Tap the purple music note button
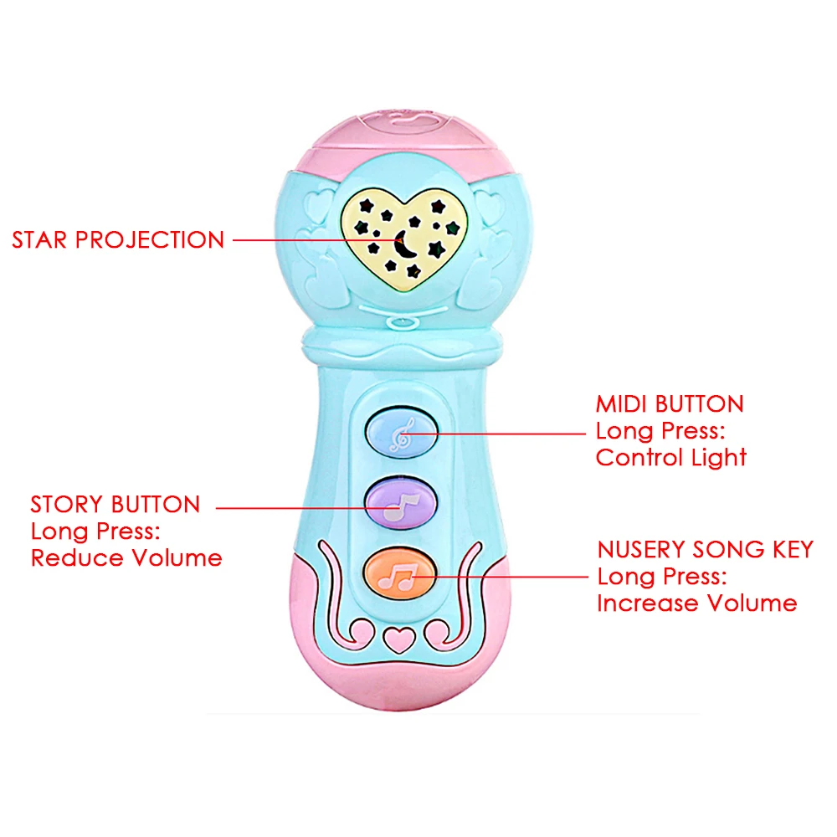(x=402, y=503)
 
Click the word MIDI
(x=622, y=404)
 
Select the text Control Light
(x=670, y=458)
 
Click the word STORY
(x=67, y=505)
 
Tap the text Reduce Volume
(x=126, y=558)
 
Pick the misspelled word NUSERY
(x=642, y=550)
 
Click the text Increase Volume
(x=696, y=603)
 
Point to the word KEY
(x=788, y=550)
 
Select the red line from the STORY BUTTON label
(x=293, y=506)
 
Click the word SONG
(x=725, y=550)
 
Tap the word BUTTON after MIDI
(x=699, y=404)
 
